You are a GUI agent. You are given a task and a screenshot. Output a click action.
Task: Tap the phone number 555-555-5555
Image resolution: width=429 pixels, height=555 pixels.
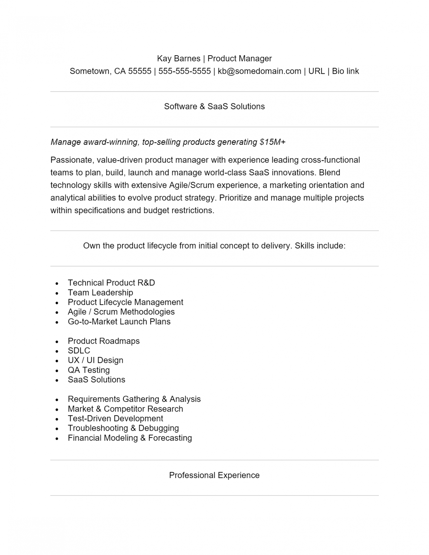coord(184,71)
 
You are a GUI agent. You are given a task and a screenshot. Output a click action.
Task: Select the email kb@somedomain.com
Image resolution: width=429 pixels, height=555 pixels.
coord(259,71)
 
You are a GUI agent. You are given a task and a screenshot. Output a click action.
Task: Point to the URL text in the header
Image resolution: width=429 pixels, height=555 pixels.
coord(316,71)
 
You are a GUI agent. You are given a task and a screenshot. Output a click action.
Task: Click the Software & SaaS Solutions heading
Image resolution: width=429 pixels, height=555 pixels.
coord(214,107)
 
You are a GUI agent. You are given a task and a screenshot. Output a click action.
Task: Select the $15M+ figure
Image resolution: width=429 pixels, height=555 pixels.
coord(272,142)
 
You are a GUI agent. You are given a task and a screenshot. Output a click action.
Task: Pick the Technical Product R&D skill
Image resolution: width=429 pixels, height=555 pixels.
coord(111,283)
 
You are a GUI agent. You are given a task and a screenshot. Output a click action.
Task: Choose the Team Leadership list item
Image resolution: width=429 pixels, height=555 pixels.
coord(100,293)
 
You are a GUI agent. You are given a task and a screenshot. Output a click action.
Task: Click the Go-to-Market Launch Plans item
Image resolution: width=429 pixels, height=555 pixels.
coord(119,322)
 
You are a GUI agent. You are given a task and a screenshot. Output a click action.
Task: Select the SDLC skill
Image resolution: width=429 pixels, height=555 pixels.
coord(79,351)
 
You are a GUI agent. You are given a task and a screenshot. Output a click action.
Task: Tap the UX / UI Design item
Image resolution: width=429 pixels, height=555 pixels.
coord(95,360)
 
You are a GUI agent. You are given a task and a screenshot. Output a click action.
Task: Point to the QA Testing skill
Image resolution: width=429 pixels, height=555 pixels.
coord(89,370)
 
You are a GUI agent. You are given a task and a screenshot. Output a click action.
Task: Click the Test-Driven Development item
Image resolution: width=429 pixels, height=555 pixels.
coord(115,418)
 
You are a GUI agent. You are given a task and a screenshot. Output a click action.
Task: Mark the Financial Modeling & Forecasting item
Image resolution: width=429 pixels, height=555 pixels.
coord(130,438)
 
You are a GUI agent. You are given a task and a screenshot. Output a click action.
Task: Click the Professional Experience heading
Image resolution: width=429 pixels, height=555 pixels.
coord(214,476)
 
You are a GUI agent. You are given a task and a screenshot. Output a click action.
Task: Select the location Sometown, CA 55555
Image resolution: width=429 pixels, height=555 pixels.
coord(110,71)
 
